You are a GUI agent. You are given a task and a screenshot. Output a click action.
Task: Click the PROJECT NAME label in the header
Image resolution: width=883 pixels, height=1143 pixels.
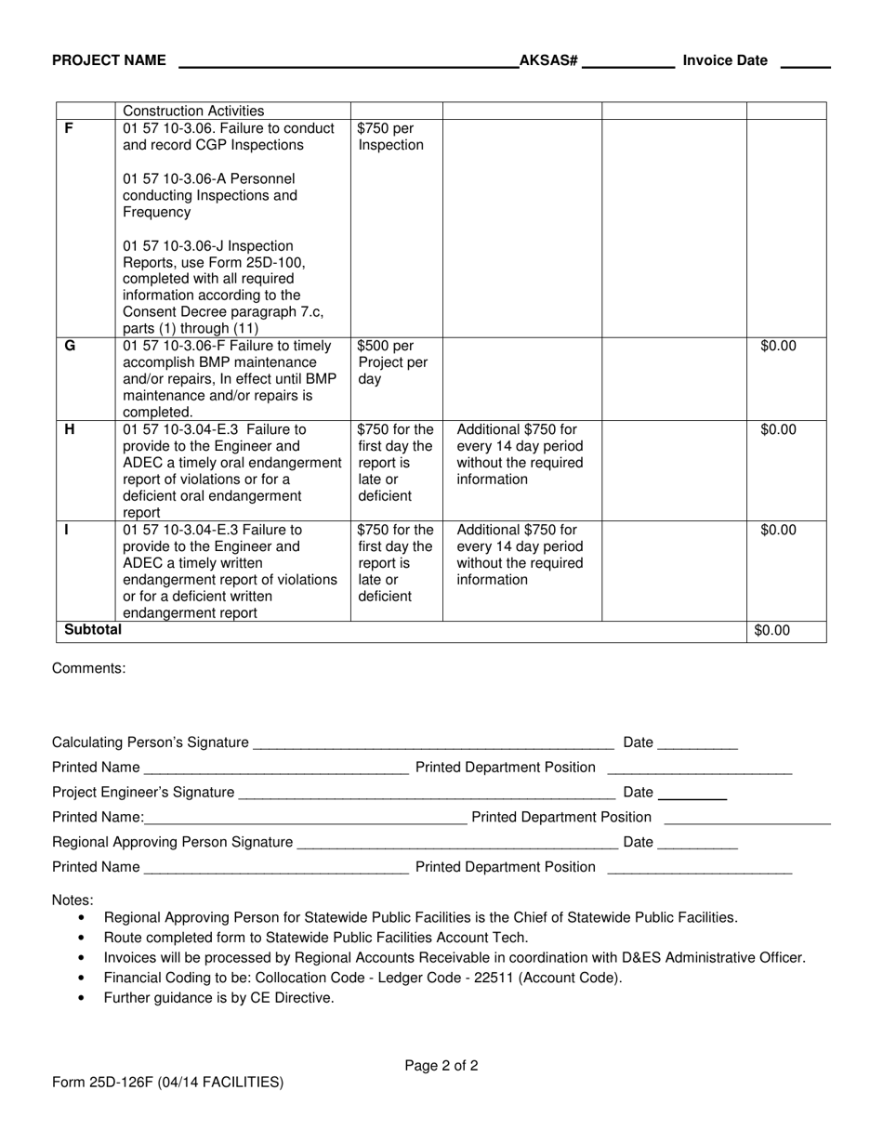pos(109,60)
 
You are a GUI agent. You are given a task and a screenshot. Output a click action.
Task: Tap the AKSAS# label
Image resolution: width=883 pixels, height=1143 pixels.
pos(548,60)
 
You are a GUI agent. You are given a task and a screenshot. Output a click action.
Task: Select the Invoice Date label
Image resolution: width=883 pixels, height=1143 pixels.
pos(725,60)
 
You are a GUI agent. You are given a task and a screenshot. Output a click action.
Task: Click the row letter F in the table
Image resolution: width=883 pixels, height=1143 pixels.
pos(69,128)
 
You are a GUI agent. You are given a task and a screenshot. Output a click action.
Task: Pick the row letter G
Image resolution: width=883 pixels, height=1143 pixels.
pos(70,346)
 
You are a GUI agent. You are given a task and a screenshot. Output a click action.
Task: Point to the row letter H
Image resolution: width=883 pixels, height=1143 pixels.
pos(70,429)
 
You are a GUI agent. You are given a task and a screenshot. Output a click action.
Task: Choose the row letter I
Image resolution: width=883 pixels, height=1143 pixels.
pos(67,530)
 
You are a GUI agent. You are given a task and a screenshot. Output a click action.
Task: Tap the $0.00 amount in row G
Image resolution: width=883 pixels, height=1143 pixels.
pos(778,346)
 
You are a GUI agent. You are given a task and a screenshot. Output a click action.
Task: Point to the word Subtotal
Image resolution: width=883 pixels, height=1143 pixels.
pos(92,630)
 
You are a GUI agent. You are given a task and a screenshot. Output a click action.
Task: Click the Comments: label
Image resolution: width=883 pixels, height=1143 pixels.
pos(88,668)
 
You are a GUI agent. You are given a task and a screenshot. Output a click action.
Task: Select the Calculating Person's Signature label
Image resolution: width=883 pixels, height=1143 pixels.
pos(150,742)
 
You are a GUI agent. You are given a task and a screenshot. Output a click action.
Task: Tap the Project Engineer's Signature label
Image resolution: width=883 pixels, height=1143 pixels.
pos(143,792)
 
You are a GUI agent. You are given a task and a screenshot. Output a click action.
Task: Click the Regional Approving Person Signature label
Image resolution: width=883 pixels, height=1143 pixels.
pos(172,842)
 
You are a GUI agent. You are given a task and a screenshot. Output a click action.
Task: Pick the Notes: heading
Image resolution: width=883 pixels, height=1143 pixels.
pos(72,900)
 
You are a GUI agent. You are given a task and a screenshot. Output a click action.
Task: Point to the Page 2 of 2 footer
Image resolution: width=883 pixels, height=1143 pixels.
pos(441,1066)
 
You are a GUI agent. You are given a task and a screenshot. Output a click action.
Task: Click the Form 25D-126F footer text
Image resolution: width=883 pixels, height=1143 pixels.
pos(167,1082)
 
